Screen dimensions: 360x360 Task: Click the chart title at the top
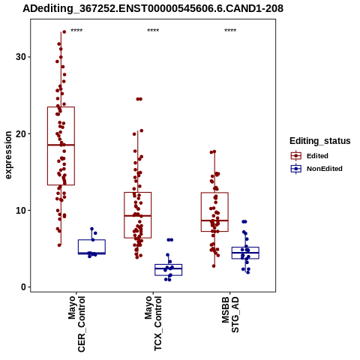point(153,8)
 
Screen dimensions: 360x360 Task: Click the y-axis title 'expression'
point(8,155)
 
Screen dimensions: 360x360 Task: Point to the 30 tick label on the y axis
point(21,57)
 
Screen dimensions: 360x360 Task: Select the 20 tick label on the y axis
point(21,133)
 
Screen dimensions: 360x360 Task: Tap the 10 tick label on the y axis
point(21,211)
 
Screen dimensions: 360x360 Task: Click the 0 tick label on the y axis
point(24,287)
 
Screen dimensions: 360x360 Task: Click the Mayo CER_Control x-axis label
point(76,324)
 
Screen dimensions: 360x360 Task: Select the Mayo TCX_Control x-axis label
point(153,323)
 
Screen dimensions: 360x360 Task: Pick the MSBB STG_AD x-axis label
point(230,314)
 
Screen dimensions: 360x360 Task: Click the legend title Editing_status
point(320,141)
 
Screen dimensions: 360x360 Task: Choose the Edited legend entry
point(310,156)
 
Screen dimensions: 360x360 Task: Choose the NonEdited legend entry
point(316,169)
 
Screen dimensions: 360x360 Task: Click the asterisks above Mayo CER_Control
point(76,31)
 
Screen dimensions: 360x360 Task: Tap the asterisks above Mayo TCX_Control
point(153,31)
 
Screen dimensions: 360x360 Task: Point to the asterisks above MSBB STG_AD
point(230,31)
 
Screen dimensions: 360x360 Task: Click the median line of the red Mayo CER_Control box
point(61,145)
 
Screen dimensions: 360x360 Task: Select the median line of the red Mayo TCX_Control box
point(138,215)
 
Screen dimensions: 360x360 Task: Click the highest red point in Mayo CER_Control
point(64,32)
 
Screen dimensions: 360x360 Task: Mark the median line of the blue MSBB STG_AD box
point(245,253)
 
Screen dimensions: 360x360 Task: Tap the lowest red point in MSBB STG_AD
point(214,266)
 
